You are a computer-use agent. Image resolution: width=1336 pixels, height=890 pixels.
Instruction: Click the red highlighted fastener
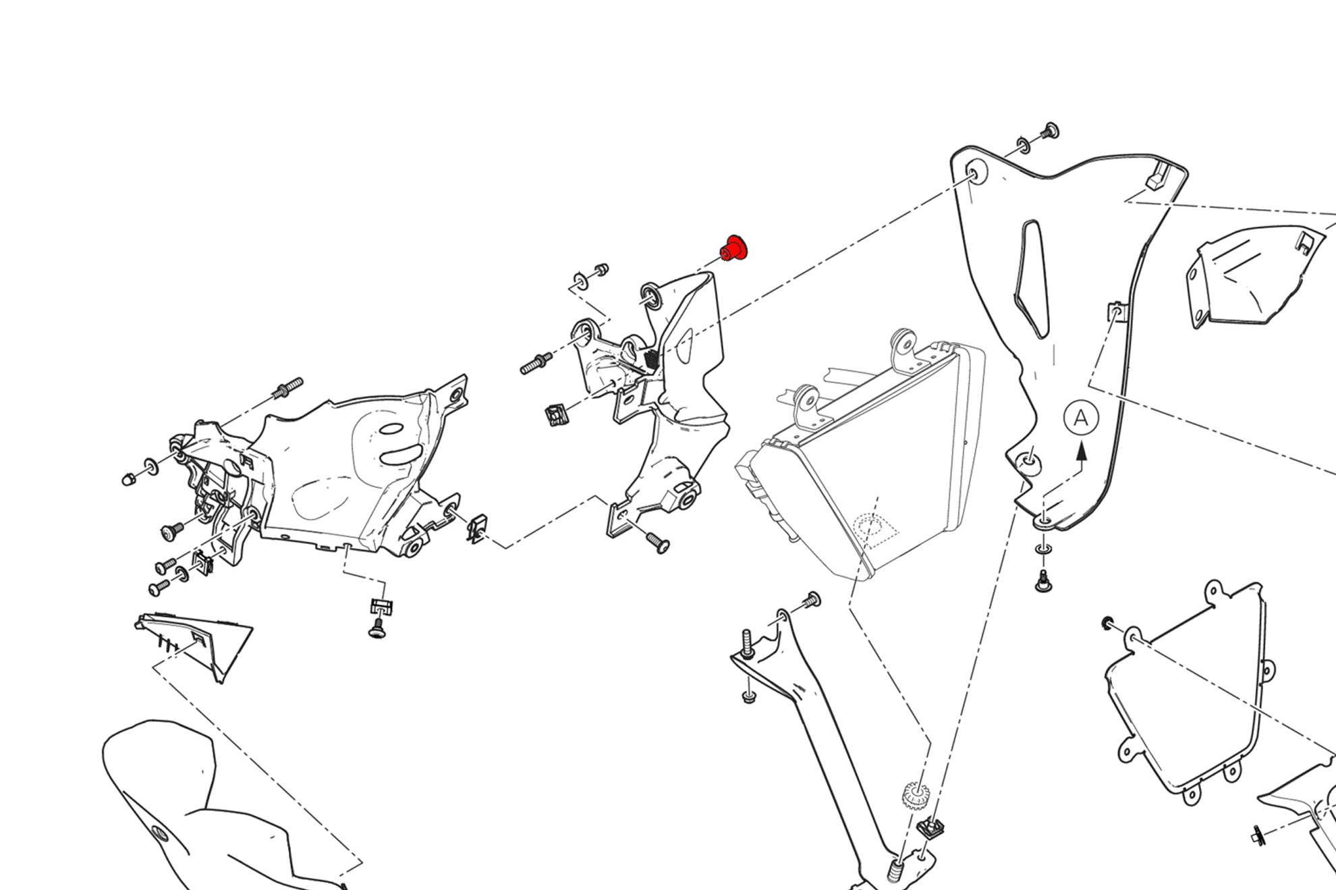coord(735,248)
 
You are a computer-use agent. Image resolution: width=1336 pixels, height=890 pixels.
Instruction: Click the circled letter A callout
coord(1081,418)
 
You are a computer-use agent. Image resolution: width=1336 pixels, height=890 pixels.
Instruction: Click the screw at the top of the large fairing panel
coord(1050,130)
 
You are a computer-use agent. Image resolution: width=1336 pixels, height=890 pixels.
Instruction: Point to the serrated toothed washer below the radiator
coord(915,796)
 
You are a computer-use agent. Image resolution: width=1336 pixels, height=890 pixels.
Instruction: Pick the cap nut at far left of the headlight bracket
coord(128,479)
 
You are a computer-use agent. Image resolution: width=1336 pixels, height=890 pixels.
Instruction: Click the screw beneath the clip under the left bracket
coord(377,629)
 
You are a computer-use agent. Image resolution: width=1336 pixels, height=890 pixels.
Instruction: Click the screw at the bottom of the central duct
coord(657,542)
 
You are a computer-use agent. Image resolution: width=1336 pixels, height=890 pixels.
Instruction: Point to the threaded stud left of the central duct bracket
coord(536,365)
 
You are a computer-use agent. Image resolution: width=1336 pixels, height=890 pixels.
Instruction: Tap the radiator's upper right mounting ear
coord(903,345)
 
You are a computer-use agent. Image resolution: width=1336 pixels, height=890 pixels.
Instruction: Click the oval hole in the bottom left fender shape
coord(159,833)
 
